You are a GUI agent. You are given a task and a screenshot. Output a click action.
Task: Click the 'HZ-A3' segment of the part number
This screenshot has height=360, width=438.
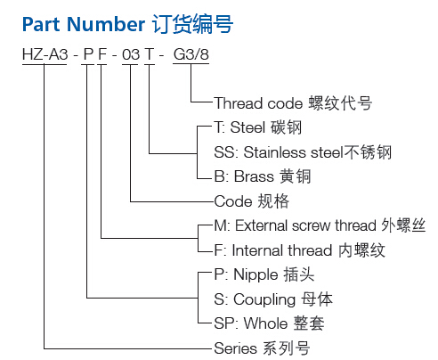point(45,54)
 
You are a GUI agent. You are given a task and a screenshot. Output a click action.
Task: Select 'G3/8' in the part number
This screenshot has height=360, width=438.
point(191,54)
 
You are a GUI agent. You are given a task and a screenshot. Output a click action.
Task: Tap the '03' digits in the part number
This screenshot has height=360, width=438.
point(131,54)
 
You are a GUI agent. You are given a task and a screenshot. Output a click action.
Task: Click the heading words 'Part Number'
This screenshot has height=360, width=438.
point(84,24)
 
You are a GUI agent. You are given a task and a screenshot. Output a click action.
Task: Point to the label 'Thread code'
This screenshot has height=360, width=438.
point(258,103)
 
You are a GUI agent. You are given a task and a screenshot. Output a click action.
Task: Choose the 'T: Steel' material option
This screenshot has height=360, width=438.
point(239,127)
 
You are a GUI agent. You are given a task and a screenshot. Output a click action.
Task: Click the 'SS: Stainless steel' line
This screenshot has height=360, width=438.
point(279,152)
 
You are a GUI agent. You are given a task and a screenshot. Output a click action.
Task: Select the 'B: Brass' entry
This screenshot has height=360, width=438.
point(244,176)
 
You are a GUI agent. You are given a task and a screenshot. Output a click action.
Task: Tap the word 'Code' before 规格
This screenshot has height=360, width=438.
point(233,201)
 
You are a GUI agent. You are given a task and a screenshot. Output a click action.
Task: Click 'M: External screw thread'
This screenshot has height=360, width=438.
point(296,225)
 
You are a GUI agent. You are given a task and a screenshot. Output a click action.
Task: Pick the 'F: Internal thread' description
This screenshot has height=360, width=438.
point(273,250)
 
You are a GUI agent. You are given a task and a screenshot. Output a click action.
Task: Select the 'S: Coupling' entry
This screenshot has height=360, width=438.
point(255,299)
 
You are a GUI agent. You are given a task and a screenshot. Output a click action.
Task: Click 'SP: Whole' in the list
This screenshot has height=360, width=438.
point(251,323)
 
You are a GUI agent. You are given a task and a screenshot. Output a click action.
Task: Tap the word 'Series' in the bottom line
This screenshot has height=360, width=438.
point(236,348)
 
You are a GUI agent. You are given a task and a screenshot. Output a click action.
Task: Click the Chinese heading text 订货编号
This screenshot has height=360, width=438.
point(192,24)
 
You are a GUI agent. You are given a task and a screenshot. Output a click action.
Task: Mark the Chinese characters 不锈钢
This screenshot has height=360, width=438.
point(368,152)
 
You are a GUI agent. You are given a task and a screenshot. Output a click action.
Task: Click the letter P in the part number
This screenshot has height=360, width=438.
point(88,54)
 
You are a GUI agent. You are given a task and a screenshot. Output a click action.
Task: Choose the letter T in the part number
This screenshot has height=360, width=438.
point(150,54)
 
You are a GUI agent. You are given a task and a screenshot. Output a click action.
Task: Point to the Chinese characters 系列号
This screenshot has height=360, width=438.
point(287,348)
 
